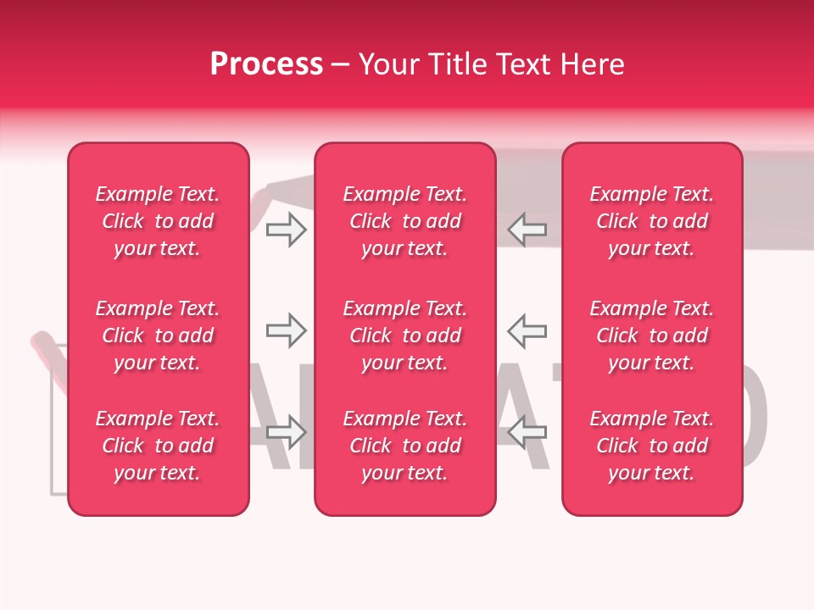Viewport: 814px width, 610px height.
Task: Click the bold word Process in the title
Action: [266, 64]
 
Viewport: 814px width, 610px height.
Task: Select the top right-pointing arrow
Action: [286, 230]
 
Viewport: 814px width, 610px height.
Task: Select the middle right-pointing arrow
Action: [286, 330]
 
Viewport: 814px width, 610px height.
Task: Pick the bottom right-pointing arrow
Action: [286, 431]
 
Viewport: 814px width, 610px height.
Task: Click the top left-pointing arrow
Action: [527, 230]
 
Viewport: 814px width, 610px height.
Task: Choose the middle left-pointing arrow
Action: [527, 330]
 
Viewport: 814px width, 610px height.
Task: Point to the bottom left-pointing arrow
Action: [527, 431]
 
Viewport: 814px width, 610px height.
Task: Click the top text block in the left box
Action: [158, 221]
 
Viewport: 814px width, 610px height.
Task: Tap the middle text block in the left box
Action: [158, 335]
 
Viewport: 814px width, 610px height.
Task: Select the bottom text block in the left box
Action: [158, 446]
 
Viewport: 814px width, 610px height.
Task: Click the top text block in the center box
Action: [404, 221]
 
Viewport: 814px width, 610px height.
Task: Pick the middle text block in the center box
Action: [404, 335]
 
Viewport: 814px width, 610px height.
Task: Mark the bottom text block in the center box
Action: [404, 446]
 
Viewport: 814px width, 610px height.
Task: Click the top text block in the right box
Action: [651, 221]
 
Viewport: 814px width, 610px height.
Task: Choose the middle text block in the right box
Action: [651, 335]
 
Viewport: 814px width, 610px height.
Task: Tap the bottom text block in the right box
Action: [651, 446]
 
